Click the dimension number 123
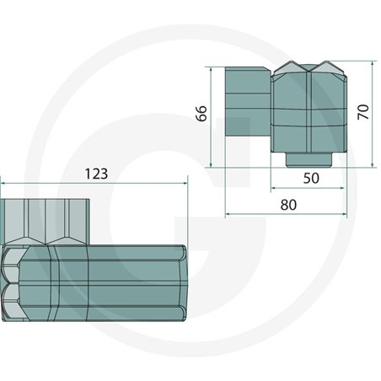tap(96, 174)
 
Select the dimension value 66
tap(201, 114)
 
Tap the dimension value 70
tap(363, 112)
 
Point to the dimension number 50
tap(311, 178)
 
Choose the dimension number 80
tap(288, 205)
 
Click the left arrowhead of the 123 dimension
tap(3, 183)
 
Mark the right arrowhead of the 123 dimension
tap(185, 183)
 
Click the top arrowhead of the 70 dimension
tap(373, 64)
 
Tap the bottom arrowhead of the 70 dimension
tap(373, 164)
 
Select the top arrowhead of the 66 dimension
tap(211, 70)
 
